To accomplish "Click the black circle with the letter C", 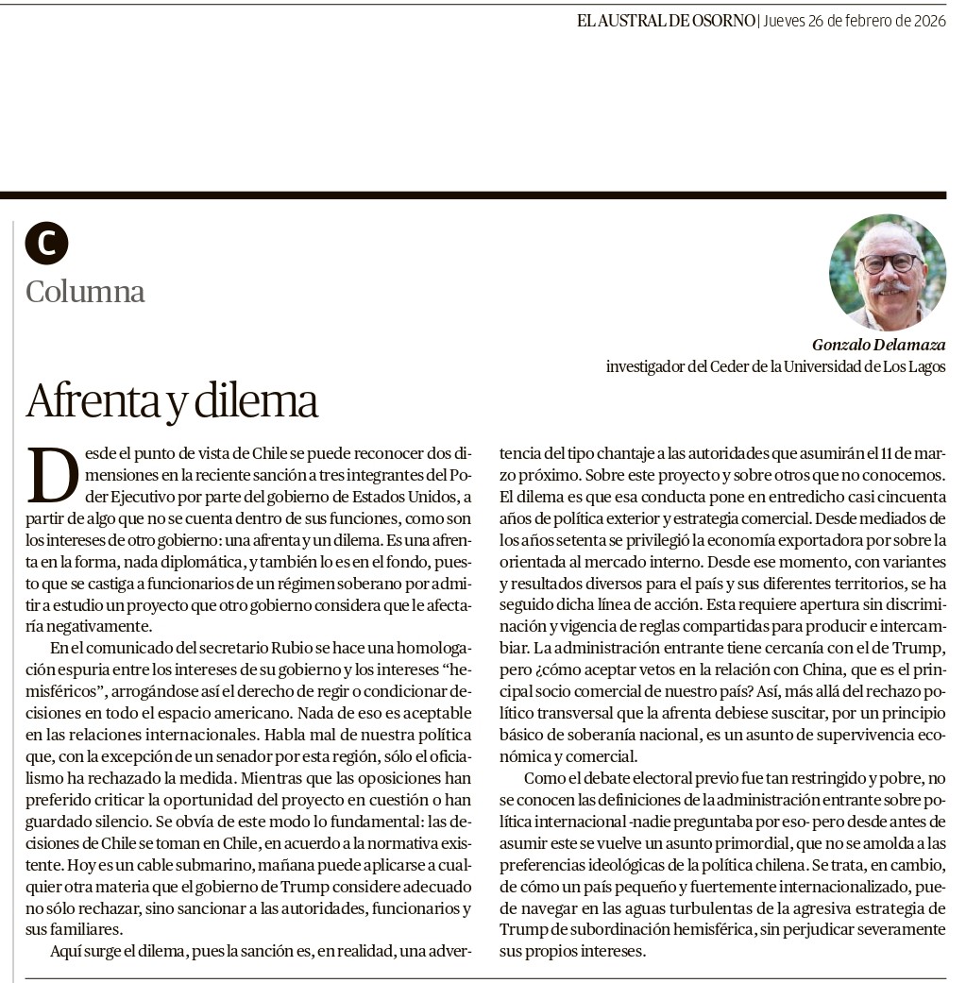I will [x=46, y=243].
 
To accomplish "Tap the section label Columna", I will [x=86, y=291].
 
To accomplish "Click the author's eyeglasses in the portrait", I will [x=889, y=263].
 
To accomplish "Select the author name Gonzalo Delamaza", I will [x=878, y=345].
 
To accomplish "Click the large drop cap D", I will [x=53, y=474].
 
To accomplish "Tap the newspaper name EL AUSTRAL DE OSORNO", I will [x=666, y=20].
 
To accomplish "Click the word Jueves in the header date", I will [x=786, y=20].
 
